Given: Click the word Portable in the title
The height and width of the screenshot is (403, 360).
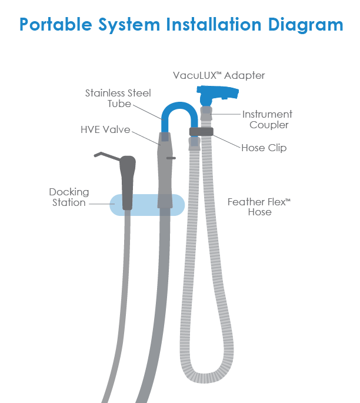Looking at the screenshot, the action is [x=56, y=25].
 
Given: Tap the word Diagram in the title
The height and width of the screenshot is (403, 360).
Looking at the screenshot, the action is [x=305, y=25].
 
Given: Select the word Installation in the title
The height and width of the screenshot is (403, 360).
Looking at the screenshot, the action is [x=214, y=25].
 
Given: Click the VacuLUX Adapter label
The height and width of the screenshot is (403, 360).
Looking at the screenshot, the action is [x=219, y=75].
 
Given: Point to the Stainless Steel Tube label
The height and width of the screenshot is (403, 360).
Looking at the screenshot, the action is [x=118, y=98].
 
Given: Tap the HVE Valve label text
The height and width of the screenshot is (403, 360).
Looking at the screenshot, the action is [x=105, y=129].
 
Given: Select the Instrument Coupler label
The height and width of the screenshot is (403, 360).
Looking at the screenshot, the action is [x=267, y=119].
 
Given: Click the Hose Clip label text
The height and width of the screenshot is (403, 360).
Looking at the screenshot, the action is [x=264, y=148].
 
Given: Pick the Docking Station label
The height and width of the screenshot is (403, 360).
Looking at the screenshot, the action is [x=69, y=197].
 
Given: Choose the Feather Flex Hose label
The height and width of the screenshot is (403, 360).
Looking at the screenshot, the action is [x=259, y=207].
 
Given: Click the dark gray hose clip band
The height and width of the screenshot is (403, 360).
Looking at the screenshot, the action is [x=201, y=132].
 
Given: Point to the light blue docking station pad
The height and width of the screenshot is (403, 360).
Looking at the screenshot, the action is [x=147, y=205].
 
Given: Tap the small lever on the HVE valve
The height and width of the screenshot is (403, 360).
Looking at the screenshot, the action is [x=171, y=158].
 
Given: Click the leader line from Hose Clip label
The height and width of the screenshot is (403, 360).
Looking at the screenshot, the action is [x=227, y=141].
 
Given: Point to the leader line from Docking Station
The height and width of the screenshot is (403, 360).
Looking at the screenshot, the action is [x=102, y=204].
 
